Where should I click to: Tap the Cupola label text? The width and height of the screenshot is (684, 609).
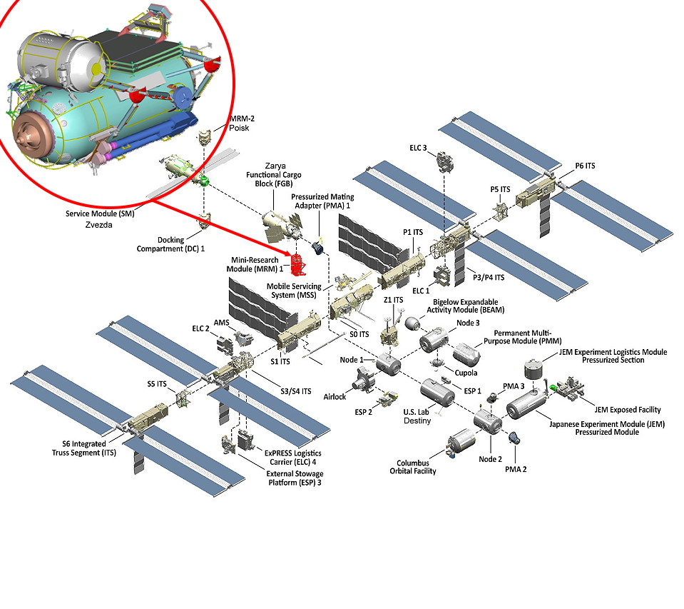(466, 373)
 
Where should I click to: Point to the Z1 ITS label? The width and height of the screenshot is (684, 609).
(394, 300)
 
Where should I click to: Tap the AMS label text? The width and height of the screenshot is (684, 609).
(223, 323)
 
